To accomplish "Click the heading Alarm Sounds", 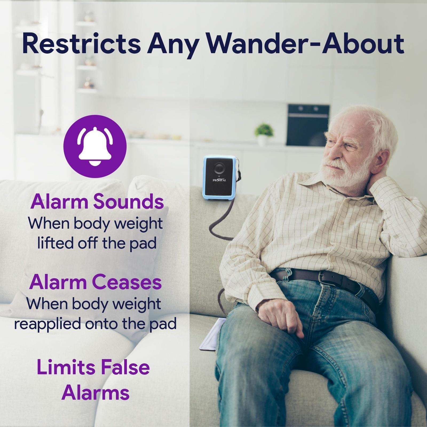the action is click(x=97, y=202).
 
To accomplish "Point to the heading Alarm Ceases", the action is click(x=95, y=282).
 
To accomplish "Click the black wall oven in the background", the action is click(x=308, y=125).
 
